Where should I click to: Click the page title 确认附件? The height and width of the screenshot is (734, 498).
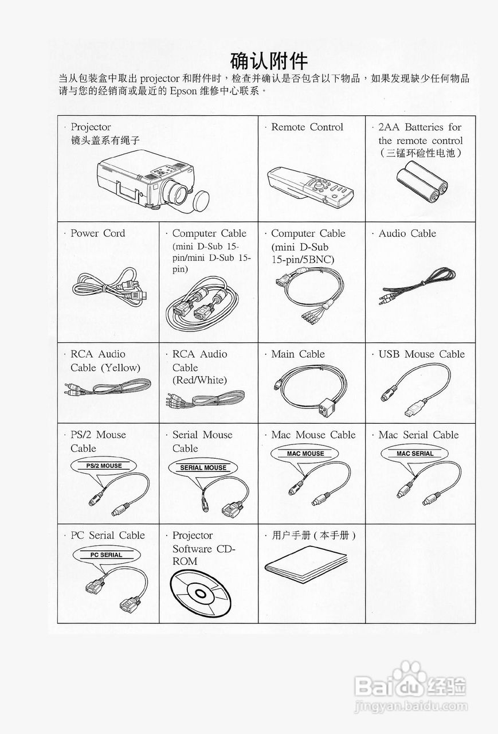269,60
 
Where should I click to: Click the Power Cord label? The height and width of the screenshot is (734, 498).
97,233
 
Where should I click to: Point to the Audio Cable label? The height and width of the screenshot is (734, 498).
407,233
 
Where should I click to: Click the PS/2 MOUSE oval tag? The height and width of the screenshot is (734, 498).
104,466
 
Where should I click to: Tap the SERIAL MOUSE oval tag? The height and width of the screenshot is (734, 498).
203,467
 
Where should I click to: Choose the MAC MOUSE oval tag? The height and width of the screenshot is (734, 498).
305,454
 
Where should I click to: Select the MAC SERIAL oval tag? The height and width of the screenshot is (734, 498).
415,454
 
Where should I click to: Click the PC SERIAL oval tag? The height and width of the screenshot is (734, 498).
107,555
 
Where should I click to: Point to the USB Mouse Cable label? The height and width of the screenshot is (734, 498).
421,354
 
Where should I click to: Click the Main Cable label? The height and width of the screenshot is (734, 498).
298,354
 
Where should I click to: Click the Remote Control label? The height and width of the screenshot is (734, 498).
307,127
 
